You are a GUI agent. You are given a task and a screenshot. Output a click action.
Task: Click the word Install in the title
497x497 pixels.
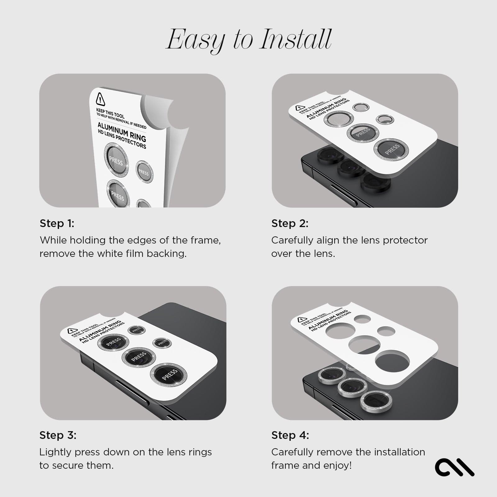click(x=296, y=40)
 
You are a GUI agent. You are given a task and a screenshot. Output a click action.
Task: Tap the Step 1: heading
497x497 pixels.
click(x=57, y=223)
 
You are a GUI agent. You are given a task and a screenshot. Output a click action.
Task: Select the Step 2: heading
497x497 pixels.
click(x=290, y=223)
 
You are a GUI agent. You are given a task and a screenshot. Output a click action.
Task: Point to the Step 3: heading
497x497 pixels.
click(x=58, y=435)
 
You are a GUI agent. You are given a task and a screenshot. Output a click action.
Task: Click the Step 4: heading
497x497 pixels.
click(x=290, y=435)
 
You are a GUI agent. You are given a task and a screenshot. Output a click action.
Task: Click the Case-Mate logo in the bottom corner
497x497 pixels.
click(x=454, y=467)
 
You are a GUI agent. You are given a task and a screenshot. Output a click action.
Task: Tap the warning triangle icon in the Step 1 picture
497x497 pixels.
click(x=100, y=99)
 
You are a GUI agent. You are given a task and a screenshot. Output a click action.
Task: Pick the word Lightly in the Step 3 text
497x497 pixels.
click(x=55, y=452)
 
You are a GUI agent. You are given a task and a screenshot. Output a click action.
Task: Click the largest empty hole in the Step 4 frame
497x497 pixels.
click(x=392, y=361)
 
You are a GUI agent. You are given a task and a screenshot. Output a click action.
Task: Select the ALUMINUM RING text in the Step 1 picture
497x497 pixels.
click(x=122, y=131)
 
